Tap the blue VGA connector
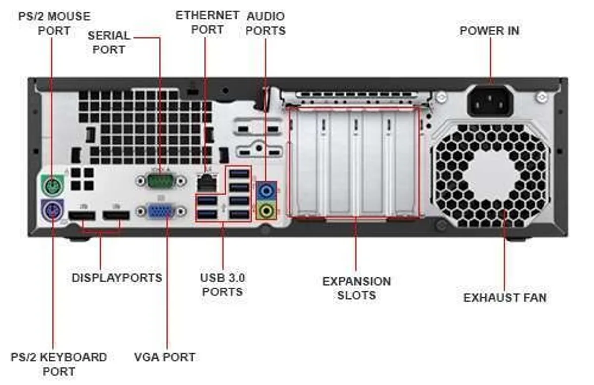click(162, 212)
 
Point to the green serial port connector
click(161, 179)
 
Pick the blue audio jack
click(267, 190)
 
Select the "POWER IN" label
click(490, 30)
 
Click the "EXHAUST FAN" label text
click(505, 297)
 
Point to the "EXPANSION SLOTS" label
click(356, 288)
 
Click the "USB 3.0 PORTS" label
click(222, 284)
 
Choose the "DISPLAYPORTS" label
click(117, 278)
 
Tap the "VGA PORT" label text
click(164, 357)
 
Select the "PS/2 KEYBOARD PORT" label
click(58, 364)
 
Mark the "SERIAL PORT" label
click(109, 42)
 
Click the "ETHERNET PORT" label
click(207, 22)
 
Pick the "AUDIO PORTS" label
click(266, 23)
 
